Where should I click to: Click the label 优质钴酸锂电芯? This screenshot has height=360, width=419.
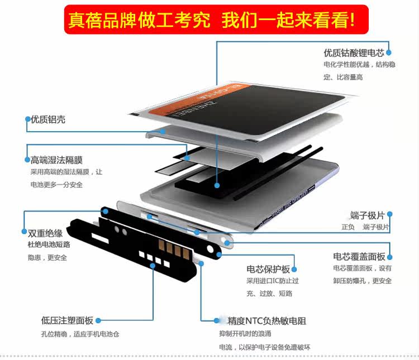354,53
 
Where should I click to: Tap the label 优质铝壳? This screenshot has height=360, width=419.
48,119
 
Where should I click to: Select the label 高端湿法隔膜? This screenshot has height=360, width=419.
60,160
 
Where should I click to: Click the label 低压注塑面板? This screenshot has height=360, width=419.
66,320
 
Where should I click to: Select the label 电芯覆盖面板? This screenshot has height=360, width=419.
359,257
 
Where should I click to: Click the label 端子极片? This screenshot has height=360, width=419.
366,215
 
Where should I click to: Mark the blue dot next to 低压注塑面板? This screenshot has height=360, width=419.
98,320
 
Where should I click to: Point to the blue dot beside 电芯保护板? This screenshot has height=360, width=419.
294,269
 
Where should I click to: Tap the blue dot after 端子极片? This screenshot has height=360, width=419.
389,214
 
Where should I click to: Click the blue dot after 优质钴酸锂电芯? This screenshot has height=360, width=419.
389,53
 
